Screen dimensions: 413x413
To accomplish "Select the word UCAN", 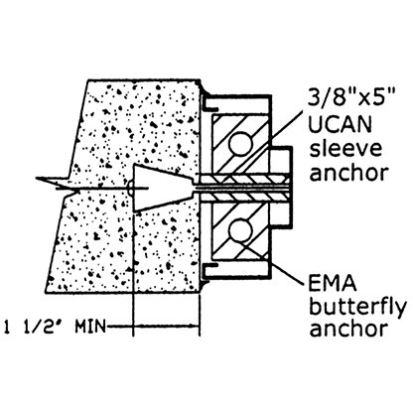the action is pyautogui.click(x=341, y=124).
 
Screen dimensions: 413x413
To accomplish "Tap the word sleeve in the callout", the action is pyautogui.click(x=345, y=149).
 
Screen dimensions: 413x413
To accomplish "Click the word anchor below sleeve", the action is pyautogui.click(x=348, y=172).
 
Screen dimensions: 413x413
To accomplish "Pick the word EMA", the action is pyautogui.click(x=333, y=284).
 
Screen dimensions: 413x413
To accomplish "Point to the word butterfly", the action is pyautogui.click(x=357, y=308).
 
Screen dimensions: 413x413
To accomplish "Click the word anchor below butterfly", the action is pyautogui.click(x=348, y=329).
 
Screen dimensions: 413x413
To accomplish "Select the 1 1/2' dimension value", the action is pyautogui.click(x=37, y=327).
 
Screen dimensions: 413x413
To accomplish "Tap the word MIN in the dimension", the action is pyautogui.click(x=90, y=327).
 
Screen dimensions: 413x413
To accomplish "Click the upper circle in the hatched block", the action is pyautogui.click(x=240, y=144).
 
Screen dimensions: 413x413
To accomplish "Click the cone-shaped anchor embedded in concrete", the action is pyautogui.click(x=163, y=189).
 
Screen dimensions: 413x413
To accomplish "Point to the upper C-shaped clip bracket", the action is pyautogui.click(x=206, y=103).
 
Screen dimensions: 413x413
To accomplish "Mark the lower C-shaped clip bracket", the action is pyautogui.click(x=206, y=271).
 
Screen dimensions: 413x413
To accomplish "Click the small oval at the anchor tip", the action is pyautogui.click(x=130, y=189).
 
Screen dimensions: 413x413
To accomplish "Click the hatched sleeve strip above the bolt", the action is pyautogui.click(x=245, y=180).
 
